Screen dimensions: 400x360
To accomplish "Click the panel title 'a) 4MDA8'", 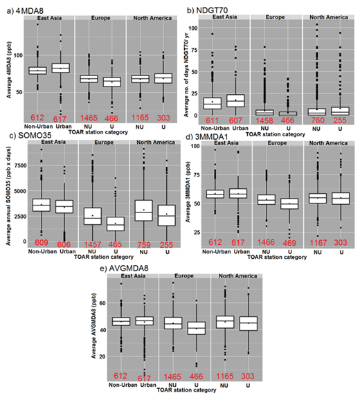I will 24,8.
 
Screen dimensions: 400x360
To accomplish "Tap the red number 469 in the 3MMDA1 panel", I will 285,244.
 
